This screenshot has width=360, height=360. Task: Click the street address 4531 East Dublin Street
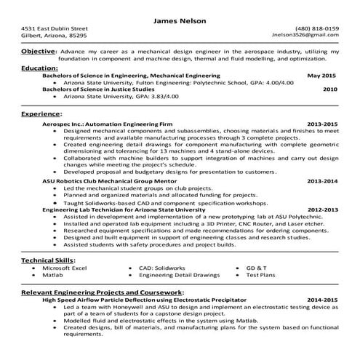pos(55,28)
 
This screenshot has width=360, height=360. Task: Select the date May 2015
pos(322,75)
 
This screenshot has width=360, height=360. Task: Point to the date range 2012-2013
pos(323,209)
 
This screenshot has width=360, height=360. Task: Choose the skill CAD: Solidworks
pos(164,268)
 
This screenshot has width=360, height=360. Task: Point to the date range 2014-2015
pos(323,299)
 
